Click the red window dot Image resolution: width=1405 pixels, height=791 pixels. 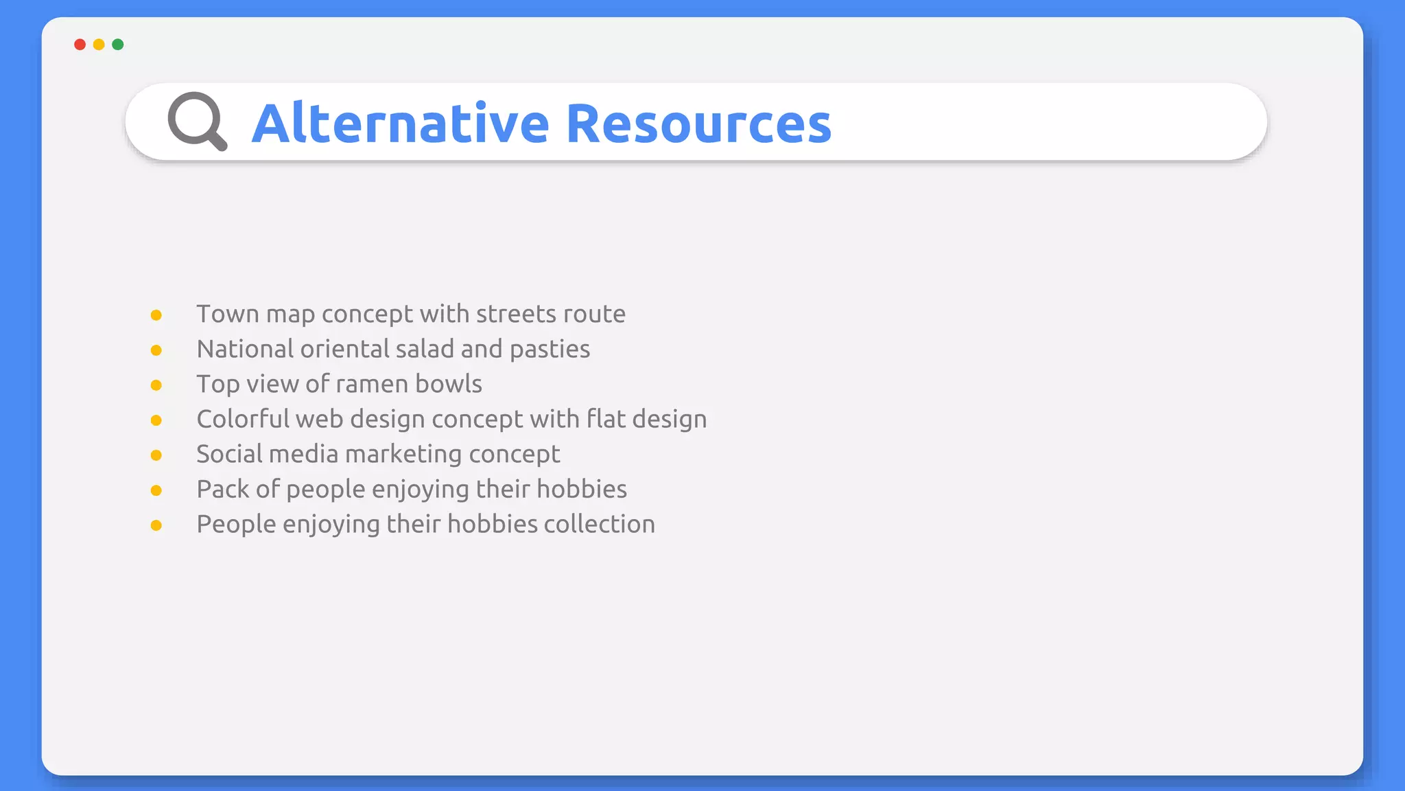[x=80, y=45]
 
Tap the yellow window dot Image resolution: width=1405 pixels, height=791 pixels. [x=99, y=45]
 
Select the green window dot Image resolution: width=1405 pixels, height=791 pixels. [x=118, y=45]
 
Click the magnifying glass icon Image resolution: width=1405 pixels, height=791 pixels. [x=197, y=122]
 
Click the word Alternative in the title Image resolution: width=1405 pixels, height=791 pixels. [x=401, y=124]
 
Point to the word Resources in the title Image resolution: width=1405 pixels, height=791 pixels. [x=698, y=124]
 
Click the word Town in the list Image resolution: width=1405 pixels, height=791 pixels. [x=227, y=314]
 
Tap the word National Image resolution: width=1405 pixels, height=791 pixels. [x=245, y=349]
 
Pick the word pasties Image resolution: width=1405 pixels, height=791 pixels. [x=550, y=349]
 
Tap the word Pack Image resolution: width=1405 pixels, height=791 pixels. [x=222, y=489]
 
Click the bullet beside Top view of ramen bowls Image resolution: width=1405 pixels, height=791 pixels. [x=156, y=385]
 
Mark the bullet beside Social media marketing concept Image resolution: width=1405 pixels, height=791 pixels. [x=156, y=455]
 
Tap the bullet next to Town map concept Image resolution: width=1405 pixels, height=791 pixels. [x=156, y=315]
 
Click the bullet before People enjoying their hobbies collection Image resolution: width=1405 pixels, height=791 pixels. [x=156, y=525]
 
